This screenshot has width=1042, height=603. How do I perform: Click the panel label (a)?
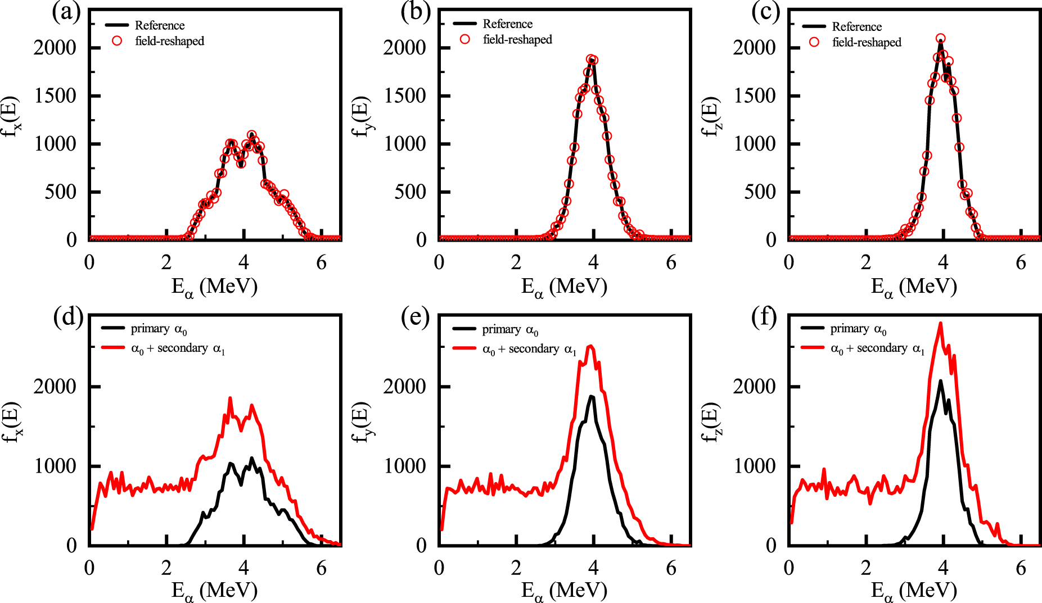66,12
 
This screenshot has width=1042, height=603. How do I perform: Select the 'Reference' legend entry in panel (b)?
507,24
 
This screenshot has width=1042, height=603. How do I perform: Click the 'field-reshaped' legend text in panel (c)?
867,42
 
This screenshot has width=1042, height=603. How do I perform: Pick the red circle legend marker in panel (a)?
117,41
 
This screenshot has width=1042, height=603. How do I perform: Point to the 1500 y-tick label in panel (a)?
55,96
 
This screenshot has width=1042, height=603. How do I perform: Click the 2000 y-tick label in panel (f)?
754,387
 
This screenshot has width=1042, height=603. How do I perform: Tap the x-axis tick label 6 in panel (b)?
671,262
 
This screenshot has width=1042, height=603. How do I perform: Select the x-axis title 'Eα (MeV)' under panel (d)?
214,591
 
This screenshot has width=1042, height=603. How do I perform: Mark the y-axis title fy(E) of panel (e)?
360,422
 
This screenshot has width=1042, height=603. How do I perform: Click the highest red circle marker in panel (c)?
940,39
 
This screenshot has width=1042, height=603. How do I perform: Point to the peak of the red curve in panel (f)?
940,324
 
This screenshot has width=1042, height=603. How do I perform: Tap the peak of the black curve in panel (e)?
591,396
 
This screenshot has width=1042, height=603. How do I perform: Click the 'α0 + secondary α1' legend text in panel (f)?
877,348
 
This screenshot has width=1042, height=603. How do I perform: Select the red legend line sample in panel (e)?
464,348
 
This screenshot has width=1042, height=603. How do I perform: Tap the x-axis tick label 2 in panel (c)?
866,262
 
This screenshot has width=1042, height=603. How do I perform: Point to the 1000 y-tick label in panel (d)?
55,466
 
